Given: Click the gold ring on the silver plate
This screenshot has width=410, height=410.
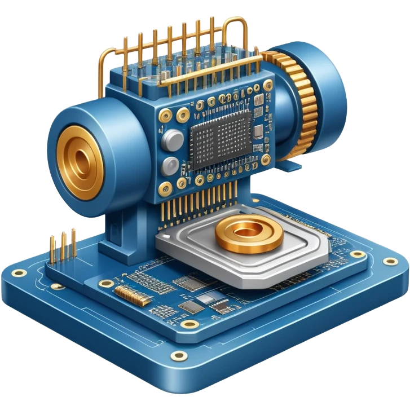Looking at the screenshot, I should click(248, 234).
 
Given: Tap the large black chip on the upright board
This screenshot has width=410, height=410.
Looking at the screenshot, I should click(221, 139).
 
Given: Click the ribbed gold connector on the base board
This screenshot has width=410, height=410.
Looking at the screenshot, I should click(128, 292).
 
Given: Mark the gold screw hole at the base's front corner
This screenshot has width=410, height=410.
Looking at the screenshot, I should click(179, 355).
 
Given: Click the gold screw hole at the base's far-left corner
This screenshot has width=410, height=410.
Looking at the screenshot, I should click(19, 274).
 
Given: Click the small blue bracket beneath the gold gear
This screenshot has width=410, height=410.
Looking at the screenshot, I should click(289, 166).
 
